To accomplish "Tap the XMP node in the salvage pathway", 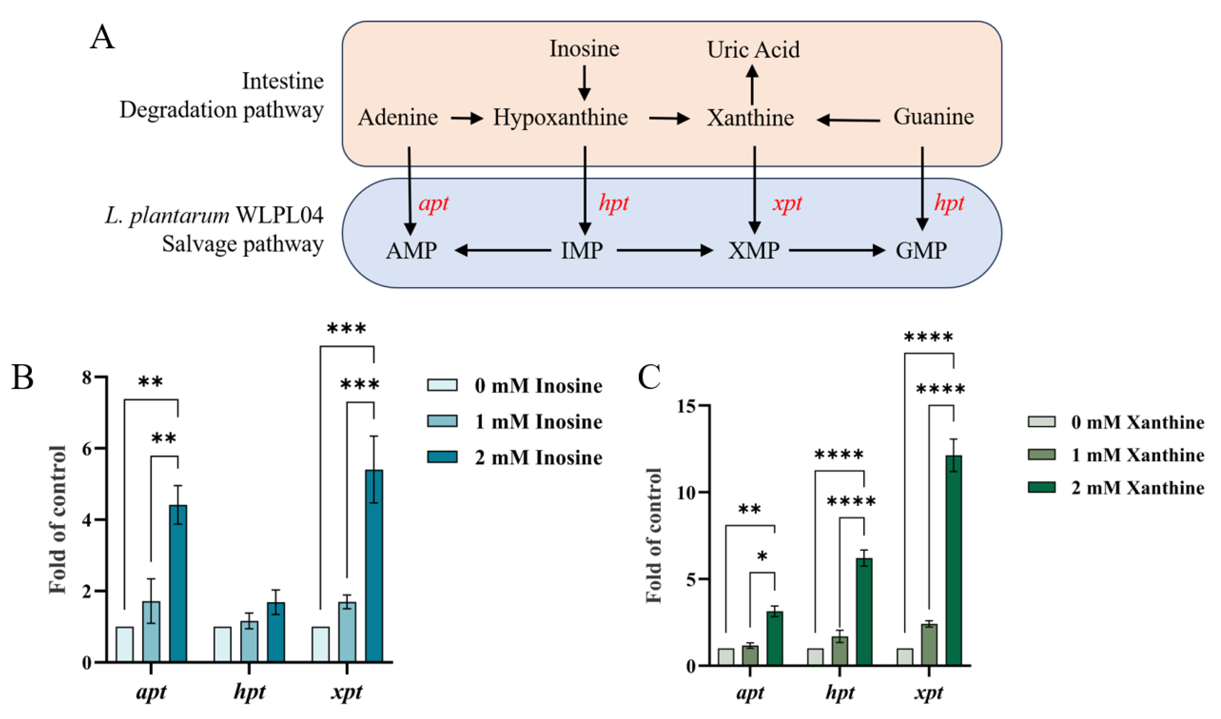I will [754, 250].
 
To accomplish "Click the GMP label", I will [921, 250].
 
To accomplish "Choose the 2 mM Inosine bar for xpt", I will [373, 565].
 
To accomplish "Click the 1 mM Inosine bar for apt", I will [151, 631].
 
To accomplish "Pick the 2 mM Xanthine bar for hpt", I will [864, 611].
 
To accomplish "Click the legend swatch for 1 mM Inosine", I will [442, 421].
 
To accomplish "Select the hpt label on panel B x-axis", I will [249, 692].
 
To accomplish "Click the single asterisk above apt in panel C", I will [762, 556].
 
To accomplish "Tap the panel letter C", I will [649, 377].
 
